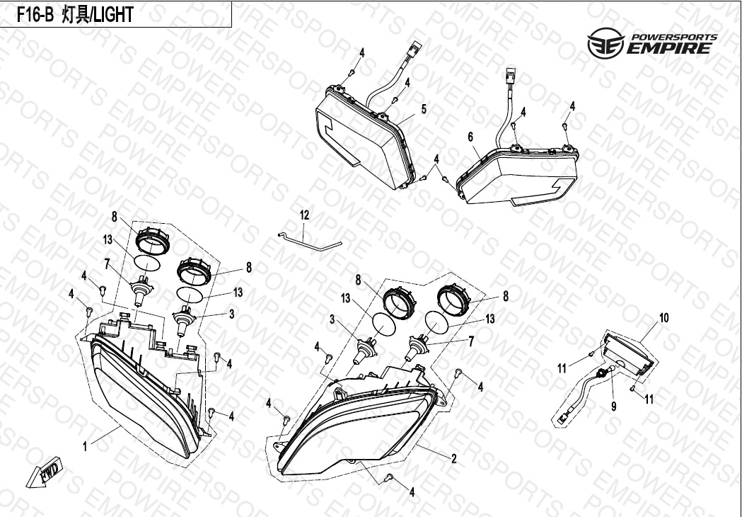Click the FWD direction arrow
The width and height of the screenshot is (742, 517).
tap(43, 472)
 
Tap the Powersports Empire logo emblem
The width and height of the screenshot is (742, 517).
tap(605, 42)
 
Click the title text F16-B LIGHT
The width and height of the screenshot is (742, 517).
tap(75, 15)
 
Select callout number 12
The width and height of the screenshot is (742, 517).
tap(304, 215)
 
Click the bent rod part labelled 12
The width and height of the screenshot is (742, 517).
tap(309, 241)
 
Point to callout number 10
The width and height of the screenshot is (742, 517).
tap(664, 318)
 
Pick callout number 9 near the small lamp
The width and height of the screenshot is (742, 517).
tap(614, 407)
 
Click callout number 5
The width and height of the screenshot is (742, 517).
tap(424, 110)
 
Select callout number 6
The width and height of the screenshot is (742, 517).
tap(470, 137)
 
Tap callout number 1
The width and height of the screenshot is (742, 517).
tap(85, 446)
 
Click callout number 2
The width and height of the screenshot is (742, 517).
tap(454, 459)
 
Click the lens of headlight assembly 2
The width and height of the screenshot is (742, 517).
tap(351, 431)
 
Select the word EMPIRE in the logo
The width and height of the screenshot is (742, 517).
tap(668, 48)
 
